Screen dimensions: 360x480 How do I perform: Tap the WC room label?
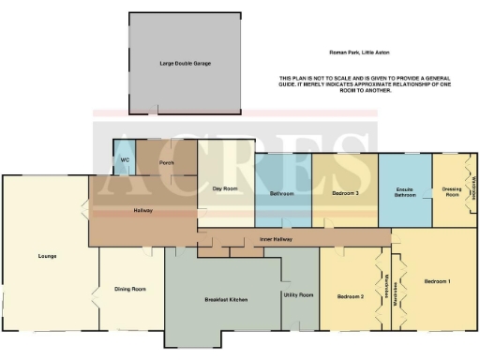124,160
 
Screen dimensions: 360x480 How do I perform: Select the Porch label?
166,162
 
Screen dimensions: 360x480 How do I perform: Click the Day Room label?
224,188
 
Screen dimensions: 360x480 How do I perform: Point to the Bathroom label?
282,193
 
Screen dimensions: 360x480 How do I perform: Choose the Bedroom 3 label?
345,193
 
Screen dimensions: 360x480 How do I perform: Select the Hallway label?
142,210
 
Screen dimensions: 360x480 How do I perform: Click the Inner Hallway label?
276,241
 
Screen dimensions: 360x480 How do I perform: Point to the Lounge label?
48,255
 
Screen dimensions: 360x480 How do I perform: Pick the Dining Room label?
130,289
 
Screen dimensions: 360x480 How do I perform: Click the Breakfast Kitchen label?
225,300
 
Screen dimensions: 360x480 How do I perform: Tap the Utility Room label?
298,295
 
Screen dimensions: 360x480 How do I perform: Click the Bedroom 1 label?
437,281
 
